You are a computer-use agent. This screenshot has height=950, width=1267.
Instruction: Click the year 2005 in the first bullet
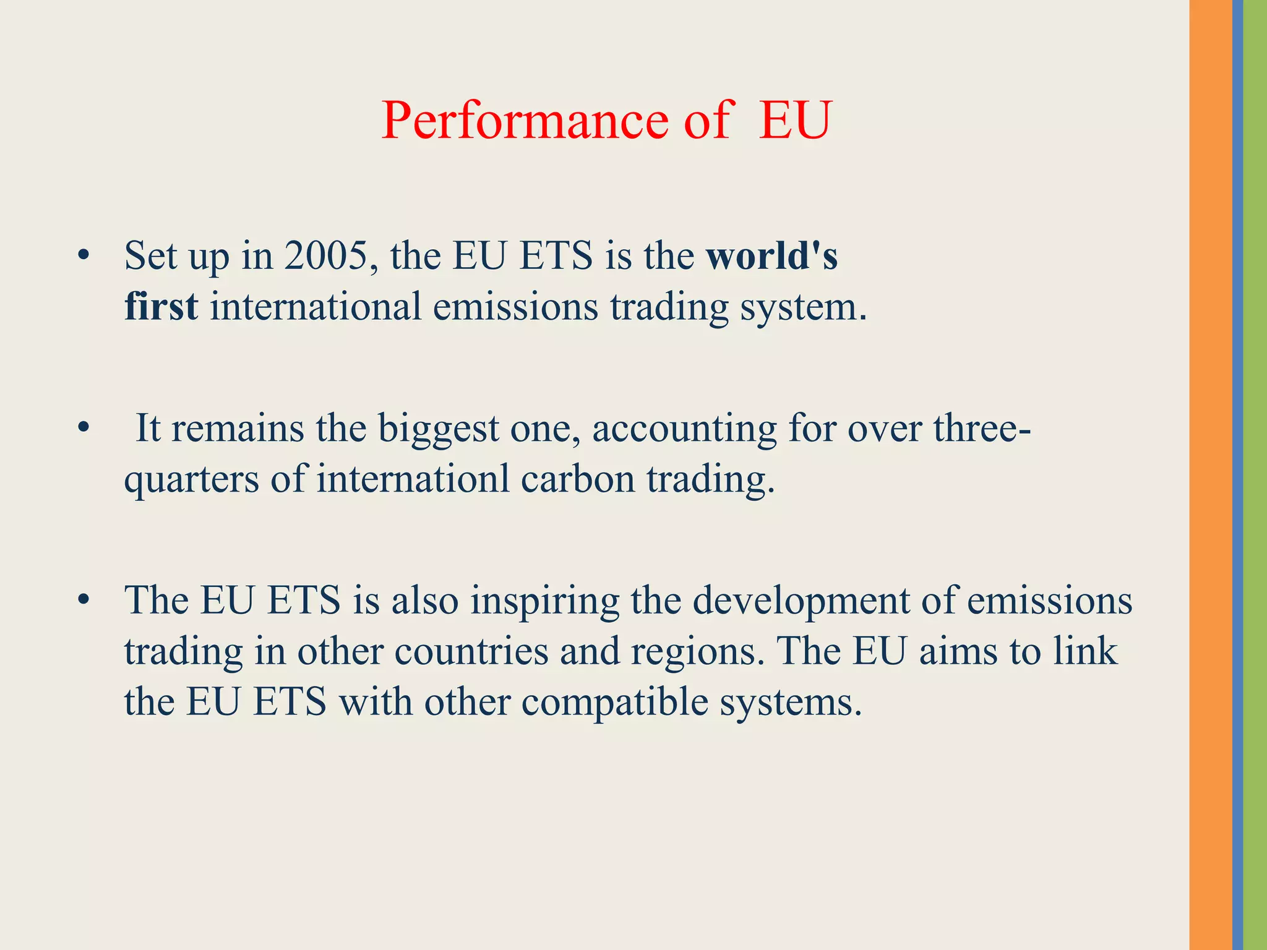coord(326,255)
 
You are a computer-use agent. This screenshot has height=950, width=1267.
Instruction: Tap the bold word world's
coord(772,255)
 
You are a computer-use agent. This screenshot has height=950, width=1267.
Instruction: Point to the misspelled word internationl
coord(413,479)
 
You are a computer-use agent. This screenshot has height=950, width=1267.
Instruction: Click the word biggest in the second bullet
coord(438,428)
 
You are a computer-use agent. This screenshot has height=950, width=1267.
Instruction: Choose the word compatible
coord(615,702)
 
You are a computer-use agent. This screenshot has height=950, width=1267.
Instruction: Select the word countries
coord(471,651)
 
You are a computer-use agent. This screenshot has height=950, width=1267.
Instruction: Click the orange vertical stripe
coord(1210,475)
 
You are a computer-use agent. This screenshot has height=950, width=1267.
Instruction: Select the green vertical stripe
coord(1255,475)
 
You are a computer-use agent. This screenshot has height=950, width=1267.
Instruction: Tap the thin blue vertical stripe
coord(1237,475)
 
